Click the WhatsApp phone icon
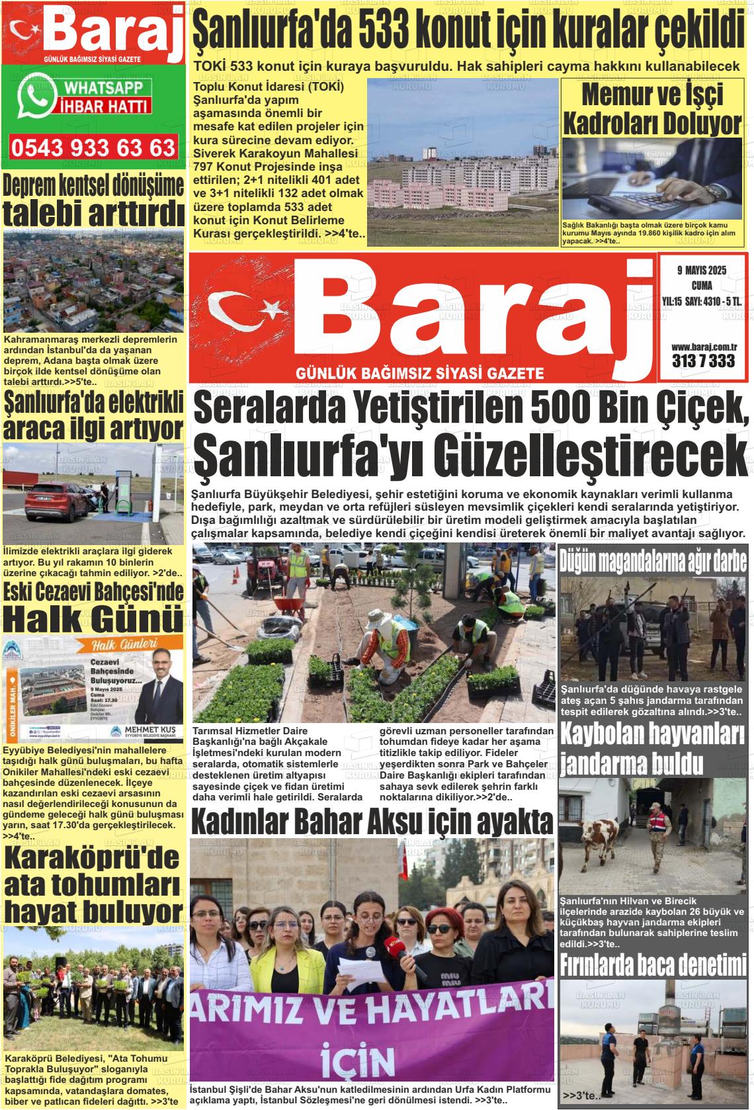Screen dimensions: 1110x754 pos(37,97)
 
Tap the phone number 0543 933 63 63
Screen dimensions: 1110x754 pos(93,147)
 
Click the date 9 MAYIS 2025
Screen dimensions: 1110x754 pos(701,270)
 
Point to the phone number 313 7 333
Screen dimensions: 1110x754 pos(703,361)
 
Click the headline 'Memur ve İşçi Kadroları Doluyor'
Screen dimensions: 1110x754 pos(651,108)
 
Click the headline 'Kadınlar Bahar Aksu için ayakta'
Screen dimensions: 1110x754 pos(371,822)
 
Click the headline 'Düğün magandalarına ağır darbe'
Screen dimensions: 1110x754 pos(653,562)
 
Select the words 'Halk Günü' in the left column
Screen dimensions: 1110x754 pos(93,619)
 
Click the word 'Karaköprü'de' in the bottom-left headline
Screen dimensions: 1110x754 pos(93,858)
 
